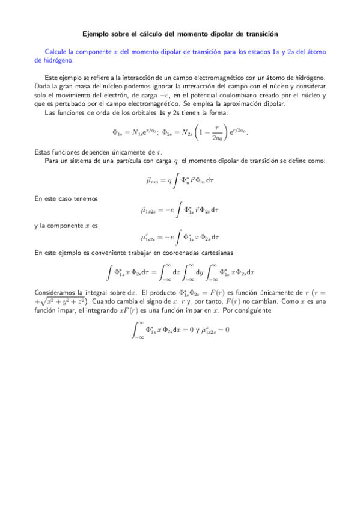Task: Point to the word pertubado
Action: tap(72, 103)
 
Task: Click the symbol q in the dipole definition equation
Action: tap(170, 180)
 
